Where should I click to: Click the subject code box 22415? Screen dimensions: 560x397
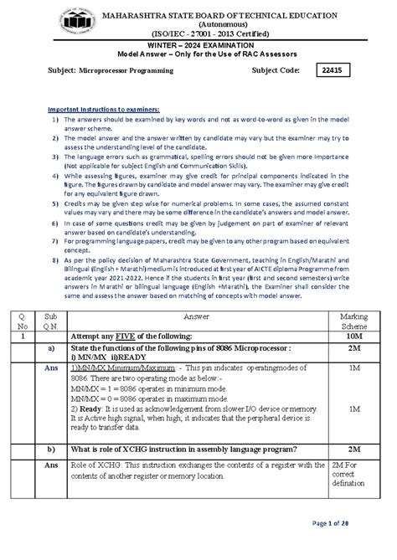click(341, 71)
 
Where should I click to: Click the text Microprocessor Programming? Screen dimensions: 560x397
click(126, 72)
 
